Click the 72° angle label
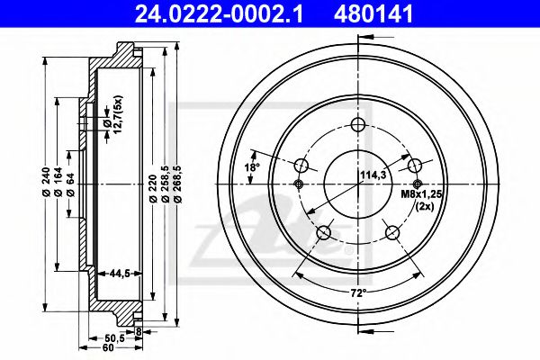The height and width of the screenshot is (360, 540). click(358, 294)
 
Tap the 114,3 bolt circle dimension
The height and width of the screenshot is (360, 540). click(373, 175)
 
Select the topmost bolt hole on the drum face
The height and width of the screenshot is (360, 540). click(358, 124)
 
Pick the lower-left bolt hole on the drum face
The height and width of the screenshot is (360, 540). click(325, 234)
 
